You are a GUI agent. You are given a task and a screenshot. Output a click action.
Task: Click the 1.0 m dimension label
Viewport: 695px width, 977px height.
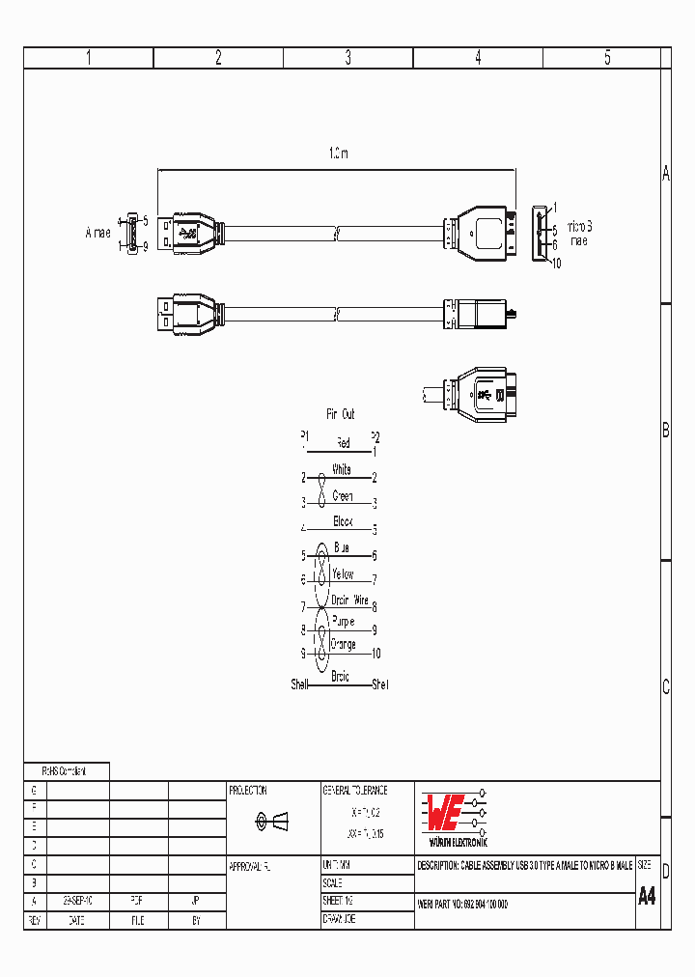[338, 154]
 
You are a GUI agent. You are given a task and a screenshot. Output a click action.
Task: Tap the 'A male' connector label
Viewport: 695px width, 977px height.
[97, 233]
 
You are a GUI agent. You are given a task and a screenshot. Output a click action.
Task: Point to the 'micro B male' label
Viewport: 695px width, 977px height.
[579, 234]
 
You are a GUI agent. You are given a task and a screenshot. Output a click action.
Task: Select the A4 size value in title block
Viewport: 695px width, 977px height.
[647, 896]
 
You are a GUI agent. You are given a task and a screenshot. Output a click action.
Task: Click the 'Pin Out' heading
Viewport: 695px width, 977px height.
[340, 414]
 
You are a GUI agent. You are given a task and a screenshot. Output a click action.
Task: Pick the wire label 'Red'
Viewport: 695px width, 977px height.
[343, 443]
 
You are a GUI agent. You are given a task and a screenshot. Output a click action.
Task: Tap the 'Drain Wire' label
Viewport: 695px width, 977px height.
[349, 600]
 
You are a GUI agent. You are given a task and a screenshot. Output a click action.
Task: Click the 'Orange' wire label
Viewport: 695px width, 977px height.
[343, 644]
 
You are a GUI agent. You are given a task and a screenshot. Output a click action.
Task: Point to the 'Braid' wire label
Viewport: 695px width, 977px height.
[340, 677]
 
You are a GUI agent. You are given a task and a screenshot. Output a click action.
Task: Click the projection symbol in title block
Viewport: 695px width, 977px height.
[270, 822]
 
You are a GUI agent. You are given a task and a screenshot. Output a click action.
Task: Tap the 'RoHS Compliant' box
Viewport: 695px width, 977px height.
[65, 771]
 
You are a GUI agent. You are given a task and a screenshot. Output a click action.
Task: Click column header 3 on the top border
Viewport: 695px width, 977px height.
[347, 58]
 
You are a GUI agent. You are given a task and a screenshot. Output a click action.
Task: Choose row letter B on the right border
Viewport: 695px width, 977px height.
[665, 432]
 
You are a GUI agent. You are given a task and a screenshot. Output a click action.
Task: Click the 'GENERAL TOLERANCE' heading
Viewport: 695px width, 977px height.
[354, 790]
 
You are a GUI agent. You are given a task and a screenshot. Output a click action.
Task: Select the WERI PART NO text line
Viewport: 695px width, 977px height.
[463, 904]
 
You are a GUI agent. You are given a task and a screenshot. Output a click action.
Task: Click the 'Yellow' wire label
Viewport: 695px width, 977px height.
[343, 574]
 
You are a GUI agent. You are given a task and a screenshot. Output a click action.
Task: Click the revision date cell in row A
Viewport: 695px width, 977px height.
[77, 900]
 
